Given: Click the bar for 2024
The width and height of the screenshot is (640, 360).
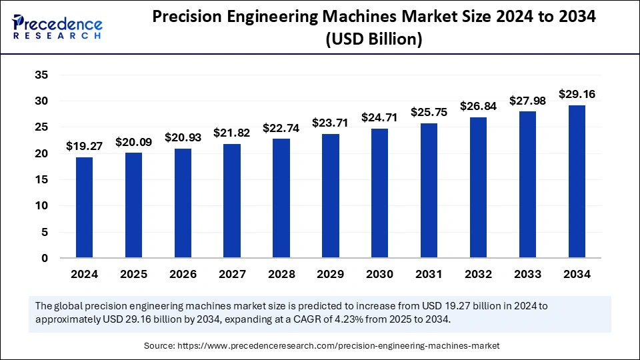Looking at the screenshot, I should coord(85,207).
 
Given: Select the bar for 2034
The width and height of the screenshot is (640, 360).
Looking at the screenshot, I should coord(577,181).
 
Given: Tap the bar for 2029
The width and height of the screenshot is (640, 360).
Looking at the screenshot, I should coord(331,196).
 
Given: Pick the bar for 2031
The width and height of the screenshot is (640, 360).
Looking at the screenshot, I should coord(429,191).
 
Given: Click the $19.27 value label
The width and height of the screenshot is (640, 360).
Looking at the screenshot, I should coord(84,145).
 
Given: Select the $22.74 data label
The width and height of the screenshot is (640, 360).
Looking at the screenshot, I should coord(281,127).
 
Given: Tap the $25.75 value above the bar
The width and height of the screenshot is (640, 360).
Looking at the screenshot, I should coord(429,112).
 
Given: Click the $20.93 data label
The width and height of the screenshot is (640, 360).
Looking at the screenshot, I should coord(183,137).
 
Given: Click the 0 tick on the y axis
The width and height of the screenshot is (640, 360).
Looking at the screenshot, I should coord(45,258).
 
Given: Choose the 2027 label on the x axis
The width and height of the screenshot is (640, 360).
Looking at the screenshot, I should coord(232,274).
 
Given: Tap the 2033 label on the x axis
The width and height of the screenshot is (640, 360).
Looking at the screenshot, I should coord(527,274).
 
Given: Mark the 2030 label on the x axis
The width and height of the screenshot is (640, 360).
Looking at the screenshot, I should coord(379,274).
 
